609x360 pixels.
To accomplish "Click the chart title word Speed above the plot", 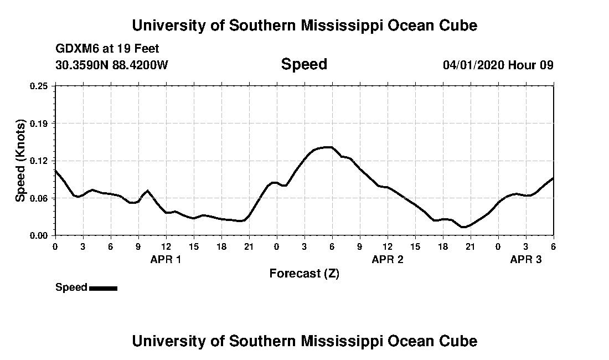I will [304, 64].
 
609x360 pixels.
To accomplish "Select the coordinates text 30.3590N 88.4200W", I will [112, 65].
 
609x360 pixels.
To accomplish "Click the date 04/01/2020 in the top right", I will [473, 65].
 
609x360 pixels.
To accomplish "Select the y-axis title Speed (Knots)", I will [20, 160].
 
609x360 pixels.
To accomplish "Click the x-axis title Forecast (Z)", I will [304, 273].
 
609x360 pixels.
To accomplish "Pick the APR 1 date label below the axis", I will [166, 259].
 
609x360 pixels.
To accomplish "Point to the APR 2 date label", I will [387, 259].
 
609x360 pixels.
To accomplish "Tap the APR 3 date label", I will [525, 259].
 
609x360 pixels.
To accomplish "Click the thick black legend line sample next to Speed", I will [103, 288].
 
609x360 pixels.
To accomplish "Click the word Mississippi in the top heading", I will [332, 25].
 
